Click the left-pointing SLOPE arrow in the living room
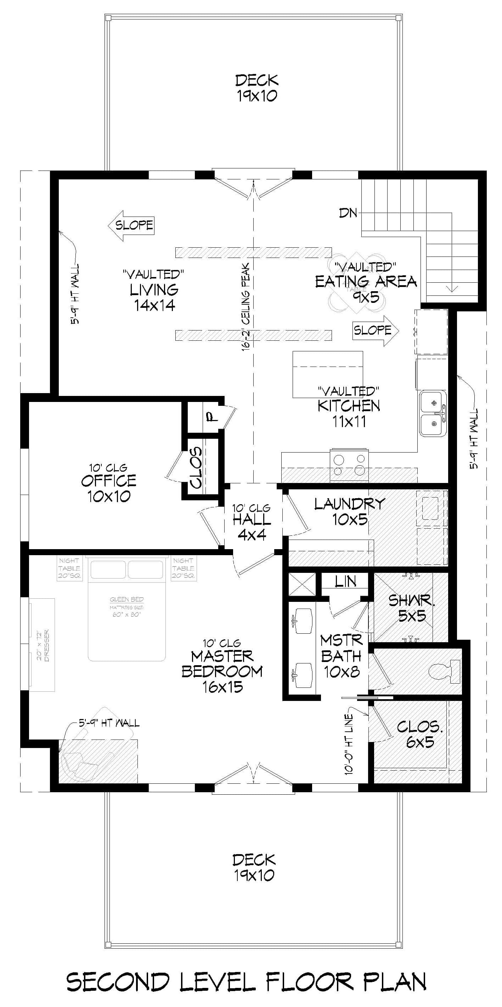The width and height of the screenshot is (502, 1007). [131, 225]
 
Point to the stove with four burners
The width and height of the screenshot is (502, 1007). [349, 465]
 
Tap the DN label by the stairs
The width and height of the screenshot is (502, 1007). [348, 213]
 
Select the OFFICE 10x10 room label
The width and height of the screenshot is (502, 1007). [109, 488]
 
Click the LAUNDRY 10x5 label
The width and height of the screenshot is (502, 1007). [349, 511]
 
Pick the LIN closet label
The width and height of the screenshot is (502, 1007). [345, 582]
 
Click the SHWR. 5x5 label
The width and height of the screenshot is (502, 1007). [412, 608]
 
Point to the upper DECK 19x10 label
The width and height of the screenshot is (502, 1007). [257, 88]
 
